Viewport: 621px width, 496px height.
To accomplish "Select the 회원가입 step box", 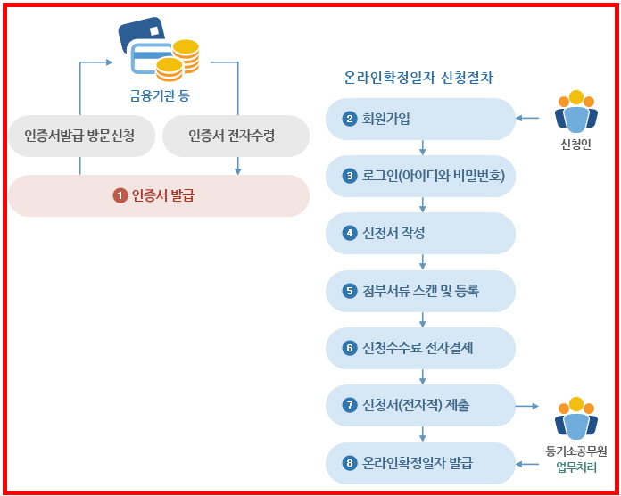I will pyautogui.click(x=421, y=119).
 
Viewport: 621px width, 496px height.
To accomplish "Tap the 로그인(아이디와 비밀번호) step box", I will pyautogui.click(x=421, y=176).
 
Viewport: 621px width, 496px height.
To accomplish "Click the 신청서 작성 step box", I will pyautogui.click(x=421, y=233).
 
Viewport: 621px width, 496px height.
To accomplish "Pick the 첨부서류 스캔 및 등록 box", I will pyautogui.click(x=421, y=291).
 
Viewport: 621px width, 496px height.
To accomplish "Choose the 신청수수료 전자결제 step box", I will pyautogui.click(x=421, y=348).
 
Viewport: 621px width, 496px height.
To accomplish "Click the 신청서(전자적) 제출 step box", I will pyautogui.click(x=421, y=405).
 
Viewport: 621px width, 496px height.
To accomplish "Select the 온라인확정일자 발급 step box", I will pyautogui.click(x=421, y=463).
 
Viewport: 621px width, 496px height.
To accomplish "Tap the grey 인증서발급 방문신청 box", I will pyautogui.click(x=80, y=136).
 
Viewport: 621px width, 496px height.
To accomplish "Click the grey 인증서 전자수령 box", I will pyautogui.click(x=236, y=136).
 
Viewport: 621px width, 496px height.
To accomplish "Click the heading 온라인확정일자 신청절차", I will pyautogui.click(x=418, y=78).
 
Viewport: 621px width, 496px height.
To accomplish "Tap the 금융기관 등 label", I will pyautogui.click(x=159, y=95).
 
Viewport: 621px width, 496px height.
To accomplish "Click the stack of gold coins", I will pyautogui.click(x=178, y=58).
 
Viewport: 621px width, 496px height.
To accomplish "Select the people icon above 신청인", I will pyautogui.click(x=576, y=113).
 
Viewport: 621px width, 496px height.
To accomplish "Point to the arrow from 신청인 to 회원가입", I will pyautogui.click(x=530, y=118).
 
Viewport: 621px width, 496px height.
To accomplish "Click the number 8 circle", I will pyautogui.click(x=350, y=463).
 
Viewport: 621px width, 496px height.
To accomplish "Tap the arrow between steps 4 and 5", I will pyautogui.click(x=422, y=262).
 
